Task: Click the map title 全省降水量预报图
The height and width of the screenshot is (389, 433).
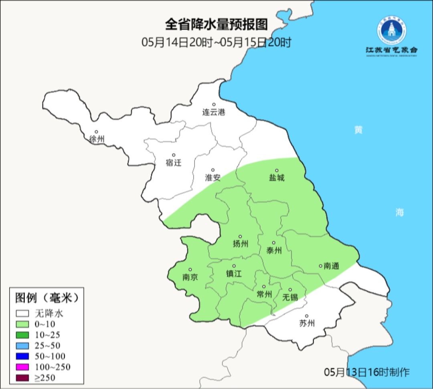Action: tap(216, 24)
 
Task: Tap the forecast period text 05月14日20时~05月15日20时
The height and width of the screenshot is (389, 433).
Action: tap(216, 42)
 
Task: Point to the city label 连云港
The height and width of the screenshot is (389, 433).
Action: tap(214, 112)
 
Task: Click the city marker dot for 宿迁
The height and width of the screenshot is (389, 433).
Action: tap(174, 155)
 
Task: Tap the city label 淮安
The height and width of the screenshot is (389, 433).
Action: tap(213, 177)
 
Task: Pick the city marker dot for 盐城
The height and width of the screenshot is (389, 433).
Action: tap(276, 170)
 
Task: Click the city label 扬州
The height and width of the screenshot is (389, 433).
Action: tap(241, 244)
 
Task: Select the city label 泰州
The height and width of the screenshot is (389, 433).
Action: tap(274, 251)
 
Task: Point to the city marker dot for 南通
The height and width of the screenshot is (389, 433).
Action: tap(320, 265)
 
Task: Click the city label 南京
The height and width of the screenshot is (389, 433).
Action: tap(190, 277)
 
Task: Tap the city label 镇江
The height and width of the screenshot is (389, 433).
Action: tap(234, 273)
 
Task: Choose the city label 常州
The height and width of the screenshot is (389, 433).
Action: tap(264, 294)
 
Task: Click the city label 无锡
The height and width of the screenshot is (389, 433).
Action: tap(290, 297)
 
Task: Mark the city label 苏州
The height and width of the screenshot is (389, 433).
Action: tap(307, 323)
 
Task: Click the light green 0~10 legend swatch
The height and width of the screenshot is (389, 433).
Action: tap(22, 324)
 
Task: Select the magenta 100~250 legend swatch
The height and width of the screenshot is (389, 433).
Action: tap(22, 367)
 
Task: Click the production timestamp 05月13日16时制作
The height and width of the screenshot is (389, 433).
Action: tap(367, 372)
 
